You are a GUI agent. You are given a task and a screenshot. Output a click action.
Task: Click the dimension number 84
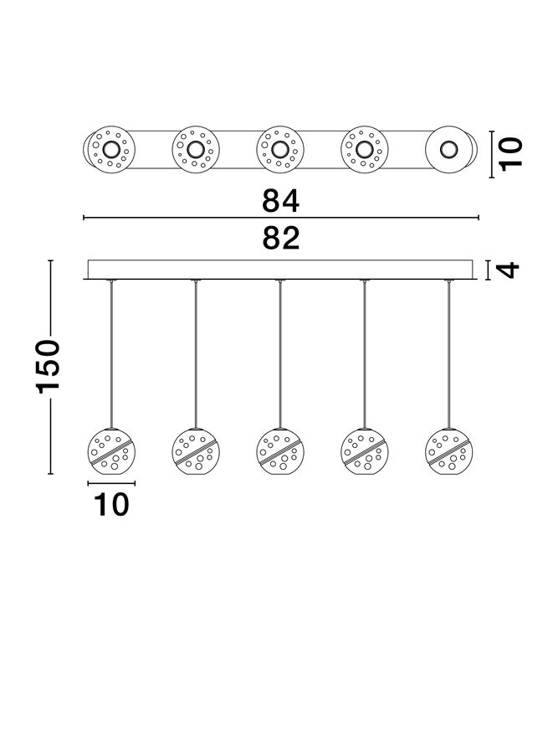(x=280, y=201)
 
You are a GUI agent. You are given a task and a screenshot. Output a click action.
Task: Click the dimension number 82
(x=280, y=239)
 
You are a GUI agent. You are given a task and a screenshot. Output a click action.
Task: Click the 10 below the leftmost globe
(x=111, y=504)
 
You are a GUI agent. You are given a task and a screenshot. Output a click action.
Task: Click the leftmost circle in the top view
(x=110, y=152)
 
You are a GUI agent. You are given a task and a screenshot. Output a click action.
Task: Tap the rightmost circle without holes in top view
(x=449, y=152)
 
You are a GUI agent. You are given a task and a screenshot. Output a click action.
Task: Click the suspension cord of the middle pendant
(x=280, y=352)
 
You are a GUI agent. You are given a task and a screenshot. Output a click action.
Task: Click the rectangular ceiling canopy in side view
(x=280, y=269)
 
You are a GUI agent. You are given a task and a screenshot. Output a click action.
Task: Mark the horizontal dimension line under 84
(x=280, y=219)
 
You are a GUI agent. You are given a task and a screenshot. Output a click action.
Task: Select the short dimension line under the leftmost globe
(x=111, y=483)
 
